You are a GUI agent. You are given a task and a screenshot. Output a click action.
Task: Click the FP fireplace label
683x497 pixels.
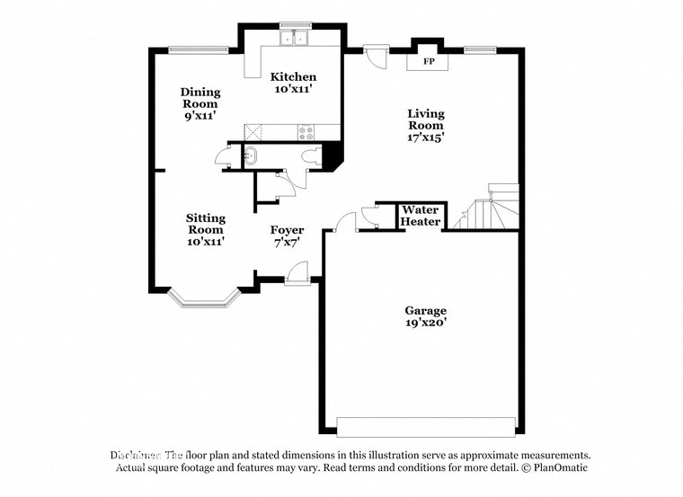click(x=429, y=62)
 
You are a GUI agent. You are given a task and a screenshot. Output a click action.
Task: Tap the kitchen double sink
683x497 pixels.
click(x=294, y=39)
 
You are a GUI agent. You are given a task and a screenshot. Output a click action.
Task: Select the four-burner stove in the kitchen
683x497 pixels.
click(x=306, y=131)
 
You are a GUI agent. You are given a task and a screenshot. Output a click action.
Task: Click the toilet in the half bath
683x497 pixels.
click(x=312, y=156)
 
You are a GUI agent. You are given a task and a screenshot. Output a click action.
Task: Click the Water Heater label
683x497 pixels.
click(x=420, y=216)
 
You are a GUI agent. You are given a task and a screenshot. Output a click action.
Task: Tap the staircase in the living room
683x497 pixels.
click(x=490, y=209)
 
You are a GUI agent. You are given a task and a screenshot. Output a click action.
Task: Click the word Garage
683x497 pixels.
click(x=425, y=310)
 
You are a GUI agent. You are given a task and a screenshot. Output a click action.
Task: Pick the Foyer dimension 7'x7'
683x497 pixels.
click(x=287, y=242)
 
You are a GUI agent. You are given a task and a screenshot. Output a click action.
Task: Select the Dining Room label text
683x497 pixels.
click(x=200, y=97)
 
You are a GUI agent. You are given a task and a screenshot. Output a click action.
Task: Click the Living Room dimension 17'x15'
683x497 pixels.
click(x=426, y=138)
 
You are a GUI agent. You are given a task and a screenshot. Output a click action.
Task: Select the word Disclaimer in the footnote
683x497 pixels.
click(x=136, y=455)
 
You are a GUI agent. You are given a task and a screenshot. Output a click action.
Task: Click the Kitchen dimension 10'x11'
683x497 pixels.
click(x=293, y=89)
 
